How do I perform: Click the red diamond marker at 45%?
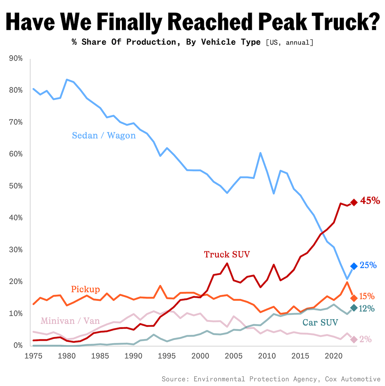[354, 202]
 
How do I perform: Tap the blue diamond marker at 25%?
[354, 266]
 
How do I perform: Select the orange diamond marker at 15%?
[354, 298]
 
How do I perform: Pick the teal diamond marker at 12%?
[354, 308]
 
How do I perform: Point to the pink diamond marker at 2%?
[354, 339]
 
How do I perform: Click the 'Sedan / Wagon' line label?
[104, 135]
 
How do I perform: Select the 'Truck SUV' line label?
[227, 255]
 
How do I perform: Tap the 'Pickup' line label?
[85, 289]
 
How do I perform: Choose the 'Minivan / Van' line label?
[70, 321]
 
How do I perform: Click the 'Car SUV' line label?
[320, 322]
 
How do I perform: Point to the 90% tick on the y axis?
[16, 58]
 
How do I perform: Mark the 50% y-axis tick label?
[16, 186]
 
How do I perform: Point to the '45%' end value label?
[370, 201]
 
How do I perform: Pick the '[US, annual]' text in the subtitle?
[289, 42]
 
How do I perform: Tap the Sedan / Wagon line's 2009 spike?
[260, 153]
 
